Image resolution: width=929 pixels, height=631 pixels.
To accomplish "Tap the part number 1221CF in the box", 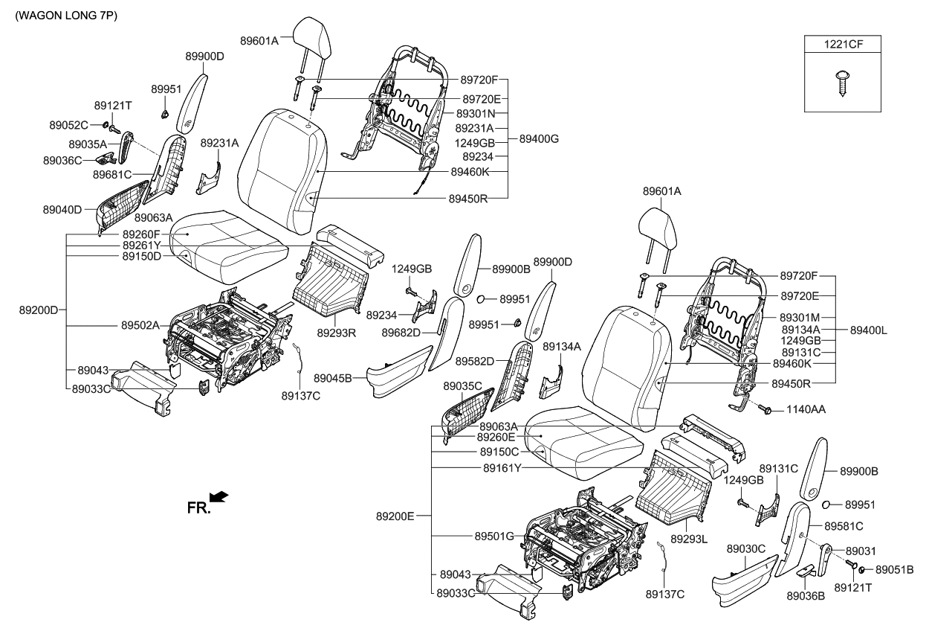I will [x=842, y=45].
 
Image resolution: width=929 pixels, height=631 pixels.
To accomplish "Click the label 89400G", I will [x=539, y=139].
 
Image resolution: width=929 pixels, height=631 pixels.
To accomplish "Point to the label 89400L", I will [x=868, y=330].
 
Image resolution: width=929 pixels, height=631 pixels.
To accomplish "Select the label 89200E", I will [x=395, y=515].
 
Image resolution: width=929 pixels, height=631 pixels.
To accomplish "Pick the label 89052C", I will [x=70, y=124].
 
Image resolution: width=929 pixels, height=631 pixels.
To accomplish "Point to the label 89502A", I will [x=140, y=325].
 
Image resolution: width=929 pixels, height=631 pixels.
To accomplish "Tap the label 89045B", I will [x=333, y=378].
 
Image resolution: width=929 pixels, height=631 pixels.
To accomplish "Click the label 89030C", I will [x=746, y=548].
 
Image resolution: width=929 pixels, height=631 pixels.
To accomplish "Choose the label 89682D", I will [x=401, y=332].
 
